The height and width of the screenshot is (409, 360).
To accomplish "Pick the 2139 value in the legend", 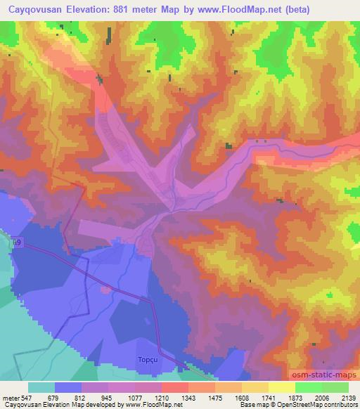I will click(x=348, y=397).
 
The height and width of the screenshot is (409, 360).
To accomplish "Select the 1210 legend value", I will click(x=174, y=397).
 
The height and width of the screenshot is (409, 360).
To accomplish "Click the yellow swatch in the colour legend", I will click(x=281, y=387).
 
